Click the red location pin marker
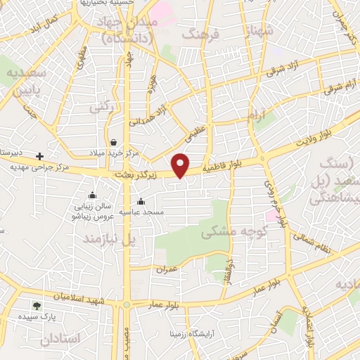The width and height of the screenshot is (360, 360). click(181, 165)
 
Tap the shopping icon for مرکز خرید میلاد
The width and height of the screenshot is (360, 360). click(113, 141)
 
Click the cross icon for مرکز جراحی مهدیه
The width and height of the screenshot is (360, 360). click(40, 156)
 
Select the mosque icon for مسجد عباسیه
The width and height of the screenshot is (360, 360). click(141, 202)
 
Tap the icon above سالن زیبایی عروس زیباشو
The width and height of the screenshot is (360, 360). click(92, 196)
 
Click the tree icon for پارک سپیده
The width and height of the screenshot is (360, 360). click(37, 306)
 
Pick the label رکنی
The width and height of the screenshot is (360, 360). click(101, 107)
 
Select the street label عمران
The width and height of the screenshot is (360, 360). click(167, 269)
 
